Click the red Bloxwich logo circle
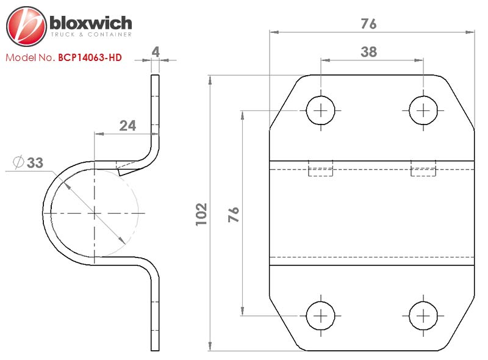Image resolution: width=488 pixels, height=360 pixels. click(26, 26)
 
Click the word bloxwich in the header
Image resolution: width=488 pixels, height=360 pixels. click(91, 23)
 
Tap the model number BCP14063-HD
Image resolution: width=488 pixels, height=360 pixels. click(90, 57)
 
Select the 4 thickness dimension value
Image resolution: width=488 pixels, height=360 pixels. click(156, 52)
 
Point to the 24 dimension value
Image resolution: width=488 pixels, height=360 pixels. click(127, 126)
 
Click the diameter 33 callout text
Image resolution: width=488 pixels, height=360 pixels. click(28, 162)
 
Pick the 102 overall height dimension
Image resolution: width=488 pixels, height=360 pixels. click(201, 214)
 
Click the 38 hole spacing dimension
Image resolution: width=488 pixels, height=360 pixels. click(369, 52)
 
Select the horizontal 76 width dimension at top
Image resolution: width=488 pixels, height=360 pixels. click(369, 24)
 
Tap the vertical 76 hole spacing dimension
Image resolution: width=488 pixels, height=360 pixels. click(234, 214)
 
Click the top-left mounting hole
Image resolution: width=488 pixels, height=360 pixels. click(321, 110)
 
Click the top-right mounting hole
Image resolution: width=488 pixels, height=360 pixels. click(423, 110)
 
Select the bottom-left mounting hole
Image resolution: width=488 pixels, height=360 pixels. click(321, 316)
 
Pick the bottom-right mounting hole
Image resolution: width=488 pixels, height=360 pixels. click(423, 316)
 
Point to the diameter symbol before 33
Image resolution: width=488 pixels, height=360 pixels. click(18, 162)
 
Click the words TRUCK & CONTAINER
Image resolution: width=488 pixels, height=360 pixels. click(91, 34)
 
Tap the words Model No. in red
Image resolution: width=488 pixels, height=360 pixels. click(30, 57)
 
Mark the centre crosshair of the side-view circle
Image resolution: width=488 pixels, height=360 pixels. click(94, 213)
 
